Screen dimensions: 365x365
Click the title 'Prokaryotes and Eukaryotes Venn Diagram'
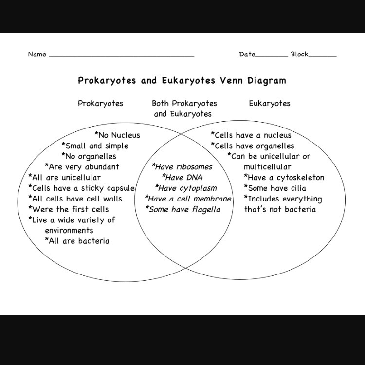click(182, 80)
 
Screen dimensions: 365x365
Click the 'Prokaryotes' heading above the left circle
click(100, 103)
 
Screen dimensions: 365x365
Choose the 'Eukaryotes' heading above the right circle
click(269, 103)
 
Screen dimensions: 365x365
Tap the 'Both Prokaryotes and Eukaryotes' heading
click(184, 109)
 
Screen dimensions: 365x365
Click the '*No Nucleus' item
click(117, 135)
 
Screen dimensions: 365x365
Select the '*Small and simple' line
click(95, 146)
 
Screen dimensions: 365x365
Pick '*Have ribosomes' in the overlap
click(182, 167)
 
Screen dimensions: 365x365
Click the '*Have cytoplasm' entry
click(186, 188)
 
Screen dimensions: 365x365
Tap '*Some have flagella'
click(182, 210)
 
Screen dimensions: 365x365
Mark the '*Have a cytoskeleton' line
click(284, 178)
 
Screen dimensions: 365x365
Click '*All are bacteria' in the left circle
click(77, 241)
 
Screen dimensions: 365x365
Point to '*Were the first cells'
click(69, 210)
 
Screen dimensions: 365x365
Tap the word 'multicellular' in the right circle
click(267, 167)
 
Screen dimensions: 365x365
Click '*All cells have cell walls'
click(75, 199)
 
